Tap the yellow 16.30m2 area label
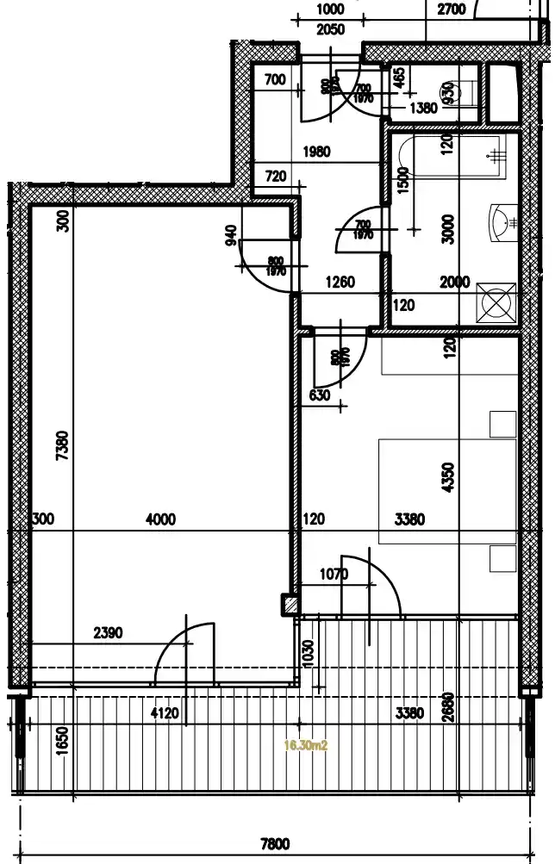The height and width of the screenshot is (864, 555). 306,746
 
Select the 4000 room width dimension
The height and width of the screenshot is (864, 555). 161,519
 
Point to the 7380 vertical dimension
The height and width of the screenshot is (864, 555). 61,447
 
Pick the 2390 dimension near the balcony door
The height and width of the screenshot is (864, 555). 108,633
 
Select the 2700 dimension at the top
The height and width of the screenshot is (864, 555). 452,10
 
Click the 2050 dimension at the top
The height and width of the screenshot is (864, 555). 330,29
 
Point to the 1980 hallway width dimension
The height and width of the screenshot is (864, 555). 316,152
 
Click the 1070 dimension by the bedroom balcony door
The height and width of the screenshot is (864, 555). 333,574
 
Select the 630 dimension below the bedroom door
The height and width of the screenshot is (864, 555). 320,395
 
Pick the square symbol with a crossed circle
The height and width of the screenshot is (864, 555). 498,302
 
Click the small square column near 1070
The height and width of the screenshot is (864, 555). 290,605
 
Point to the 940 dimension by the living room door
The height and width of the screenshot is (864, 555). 230,235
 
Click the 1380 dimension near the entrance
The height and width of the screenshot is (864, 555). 423,108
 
